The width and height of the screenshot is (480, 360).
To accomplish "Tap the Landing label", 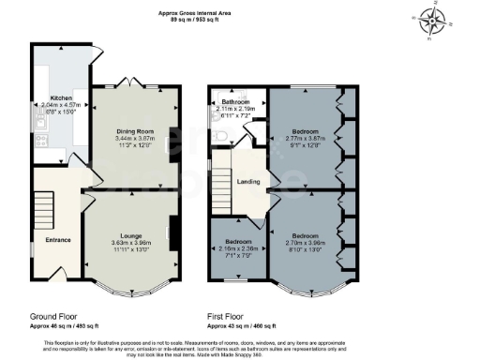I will coord(248,181).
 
